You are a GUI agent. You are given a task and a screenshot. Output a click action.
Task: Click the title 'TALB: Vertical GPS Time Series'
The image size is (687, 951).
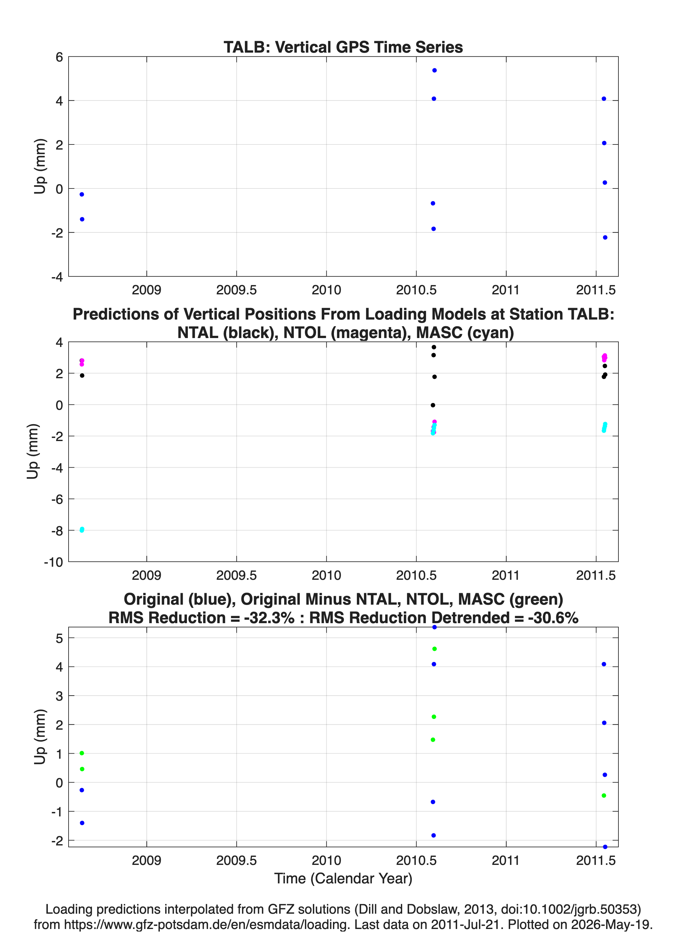(x=343, y=48)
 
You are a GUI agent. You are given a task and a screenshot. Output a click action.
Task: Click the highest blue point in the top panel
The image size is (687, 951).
(x=434, y=70)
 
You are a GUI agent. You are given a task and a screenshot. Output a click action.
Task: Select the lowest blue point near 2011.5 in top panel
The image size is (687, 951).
(x=605, y=237)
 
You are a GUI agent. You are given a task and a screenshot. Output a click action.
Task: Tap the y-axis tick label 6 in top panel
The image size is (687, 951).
(x=59, y=57)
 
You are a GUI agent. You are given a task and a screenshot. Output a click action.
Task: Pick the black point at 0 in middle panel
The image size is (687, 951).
(x=433, y=405)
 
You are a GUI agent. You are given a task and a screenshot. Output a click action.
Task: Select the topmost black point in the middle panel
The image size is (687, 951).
(x=434, y=347)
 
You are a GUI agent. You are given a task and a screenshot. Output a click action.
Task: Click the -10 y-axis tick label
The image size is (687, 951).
(x=53, y=562)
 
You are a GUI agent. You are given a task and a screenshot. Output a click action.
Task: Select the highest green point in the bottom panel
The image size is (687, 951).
(x=434, y=649)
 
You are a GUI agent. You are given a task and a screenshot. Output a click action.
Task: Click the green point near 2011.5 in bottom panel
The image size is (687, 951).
(x=604, y=795)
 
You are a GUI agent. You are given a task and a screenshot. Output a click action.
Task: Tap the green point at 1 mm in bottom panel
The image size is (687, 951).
(x=82, y=753)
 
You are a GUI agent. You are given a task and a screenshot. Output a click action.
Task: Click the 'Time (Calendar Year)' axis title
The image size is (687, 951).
(x=343, y=879)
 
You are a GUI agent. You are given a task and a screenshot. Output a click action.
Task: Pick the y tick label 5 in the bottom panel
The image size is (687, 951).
(x=59, y=638)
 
